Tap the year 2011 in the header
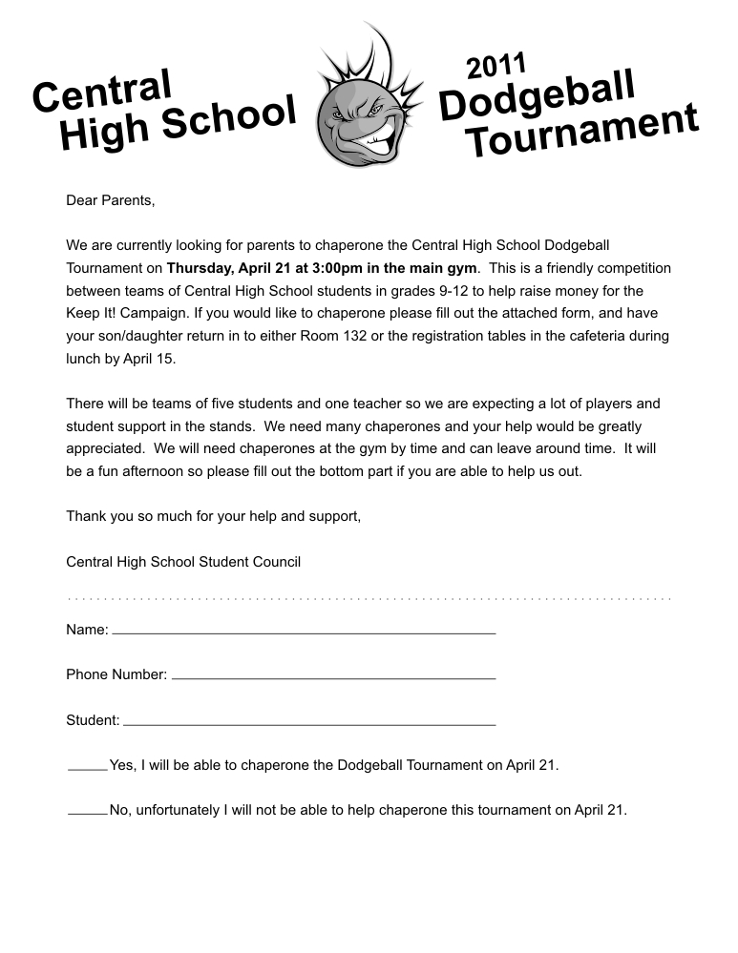(x=496, y=67)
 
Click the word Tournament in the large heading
(x=581, y=134)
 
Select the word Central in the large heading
(x=102, y=91)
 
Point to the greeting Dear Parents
(x=110, y=200)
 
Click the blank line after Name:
(x=304, y=632)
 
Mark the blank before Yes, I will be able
(x=88, y=768)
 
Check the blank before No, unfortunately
(x=88, y=814)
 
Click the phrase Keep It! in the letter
(x=93, y=313)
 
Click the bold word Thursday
(x=200, y=268)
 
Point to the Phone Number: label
(x=116, y=674)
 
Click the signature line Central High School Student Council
(x=183, y=562)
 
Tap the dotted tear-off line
(x=369, y=599)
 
